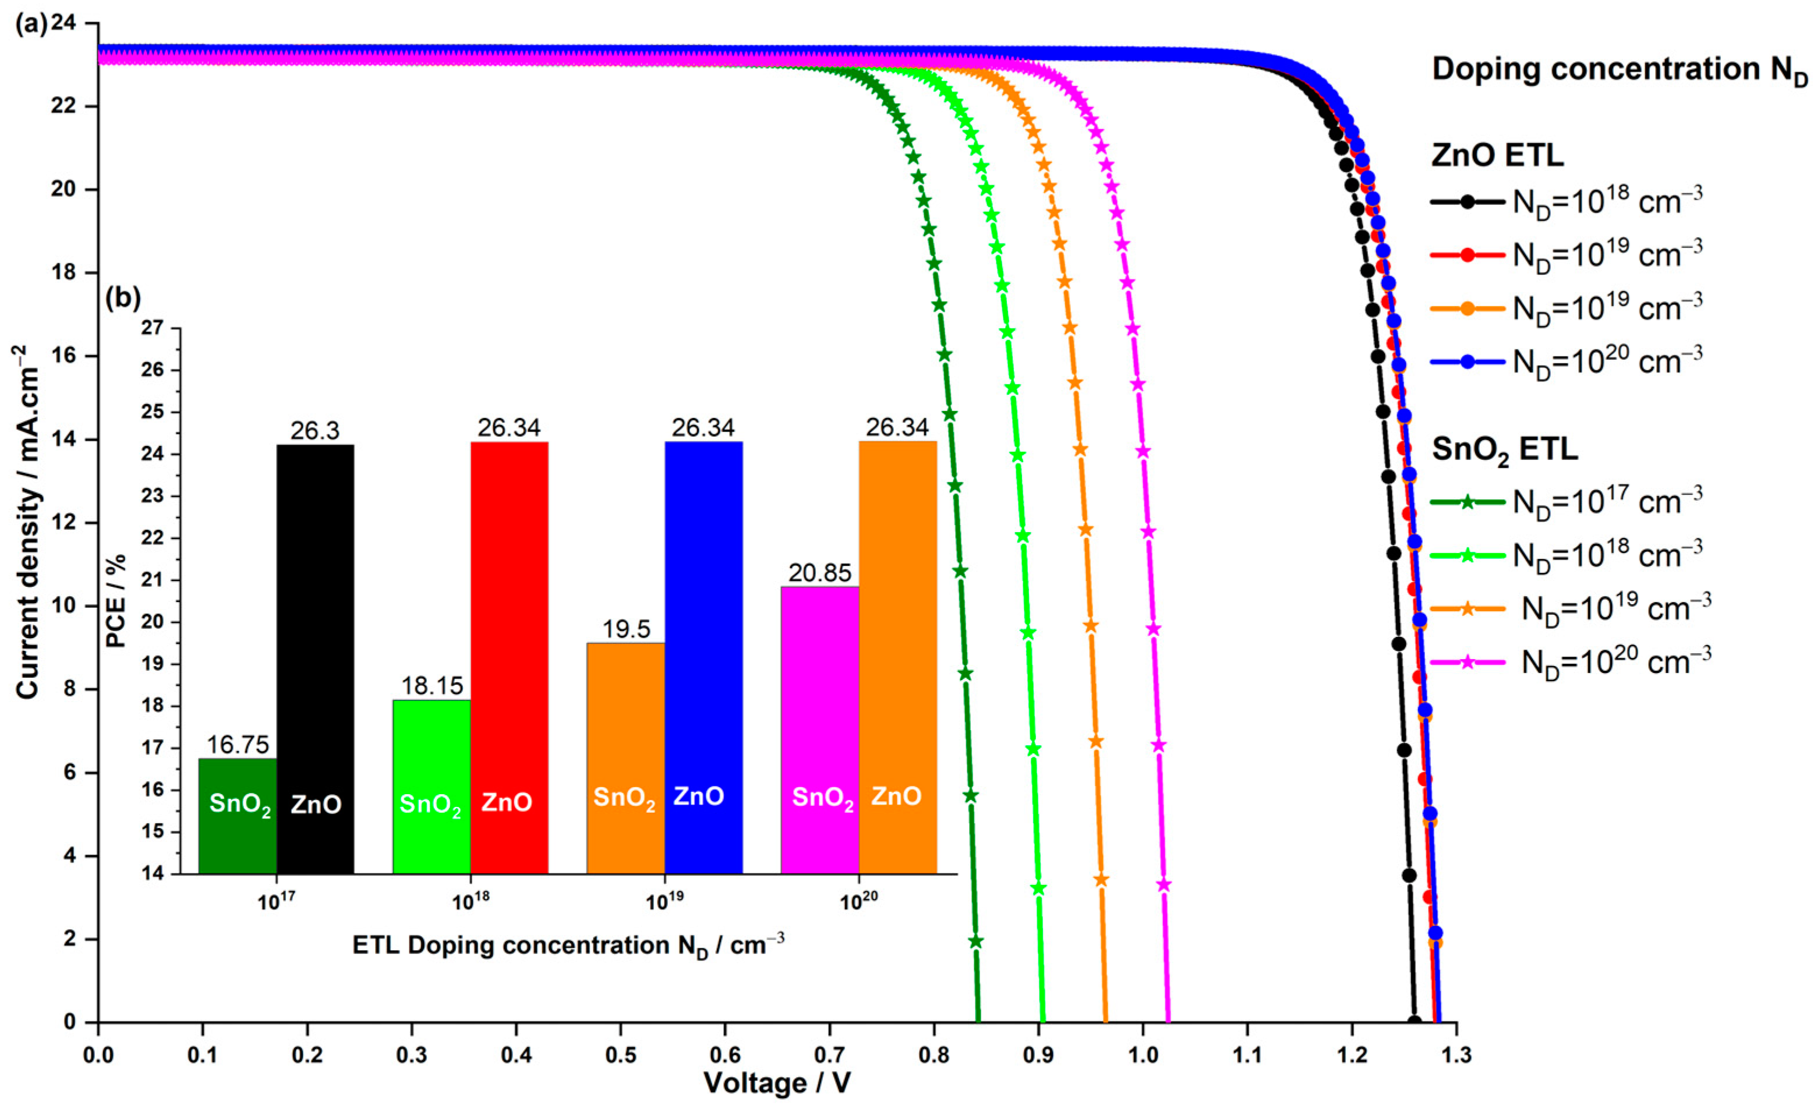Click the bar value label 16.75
(x=238, y=745)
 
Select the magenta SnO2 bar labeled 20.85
(x=819, y=730)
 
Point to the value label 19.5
(x=626, y=629)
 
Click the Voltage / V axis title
(x=777, y=1082)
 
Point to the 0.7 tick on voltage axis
(x=830, y=1055)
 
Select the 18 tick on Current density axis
(x=67, y=273)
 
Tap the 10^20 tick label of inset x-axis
(x=859, y=901)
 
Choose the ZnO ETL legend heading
(x=1497, y=155)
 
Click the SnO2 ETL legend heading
(x=1504, y=449)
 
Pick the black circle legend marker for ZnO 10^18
(x=1468, y=201)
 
